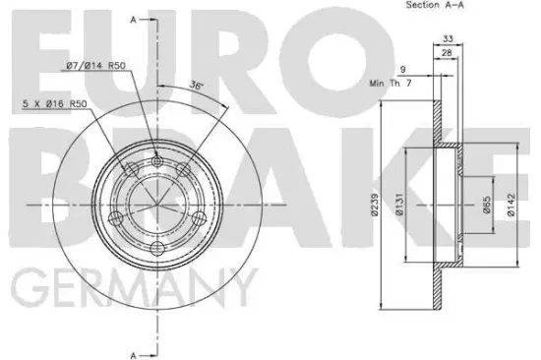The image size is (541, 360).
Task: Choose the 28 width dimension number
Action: coord(447,53)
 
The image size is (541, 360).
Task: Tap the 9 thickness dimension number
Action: coord(402,68)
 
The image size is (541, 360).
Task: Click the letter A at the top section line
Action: coord(135,20)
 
